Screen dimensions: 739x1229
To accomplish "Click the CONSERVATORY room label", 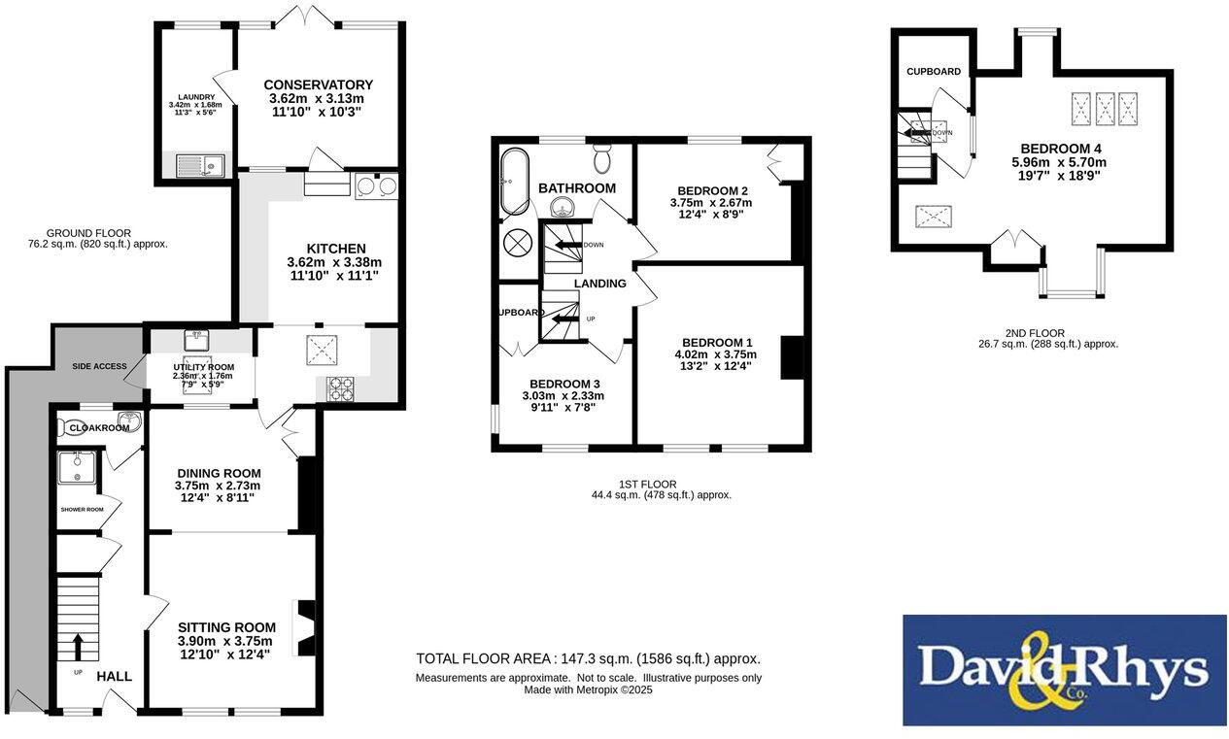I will pos(318,85).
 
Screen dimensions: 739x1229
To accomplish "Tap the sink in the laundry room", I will pos(199,166).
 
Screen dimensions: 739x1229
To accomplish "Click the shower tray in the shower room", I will pos(76,468).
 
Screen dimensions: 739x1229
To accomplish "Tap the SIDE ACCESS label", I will pos(99,366).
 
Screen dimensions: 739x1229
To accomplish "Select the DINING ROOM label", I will pos(218,473).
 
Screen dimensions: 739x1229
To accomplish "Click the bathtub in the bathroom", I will pos(512,182).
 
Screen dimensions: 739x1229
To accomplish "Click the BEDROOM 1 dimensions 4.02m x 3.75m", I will pos(718,354).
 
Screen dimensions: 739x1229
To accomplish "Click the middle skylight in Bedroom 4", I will pos(1105,109).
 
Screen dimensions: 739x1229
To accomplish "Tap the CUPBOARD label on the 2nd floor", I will pos(934,72).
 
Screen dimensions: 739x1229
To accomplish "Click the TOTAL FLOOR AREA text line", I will pos(588,658).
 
